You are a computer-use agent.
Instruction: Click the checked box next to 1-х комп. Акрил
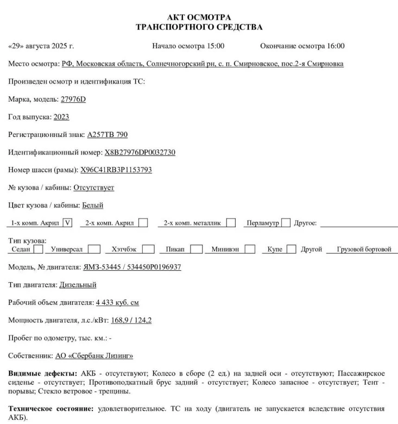(68, 222)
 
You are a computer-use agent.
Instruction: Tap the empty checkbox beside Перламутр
(286, 222)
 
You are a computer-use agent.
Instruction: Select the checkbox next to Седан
(39, 250)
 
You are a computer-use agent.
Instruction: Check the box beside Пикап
(197, 250)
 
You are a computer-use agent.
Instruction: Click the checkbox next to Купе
(292, 250)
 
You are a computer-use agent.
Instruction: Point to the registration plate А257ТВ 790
(108, 134)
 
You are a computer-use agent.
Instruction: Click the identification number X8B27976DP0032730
(140, 152)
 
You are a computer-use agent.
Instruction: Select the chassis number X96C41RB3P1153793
(116, 170)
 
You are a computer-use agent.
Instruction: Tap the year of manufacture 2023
(61, 117)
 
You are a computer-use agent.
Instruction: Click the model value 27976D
(73, 99)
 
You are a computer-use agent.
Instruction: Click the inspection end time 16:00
(334, 46)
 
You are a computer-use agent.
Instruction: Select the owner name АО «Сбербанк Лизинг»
(94, 356)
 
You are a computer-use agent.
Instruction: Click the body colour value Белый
(93, 205)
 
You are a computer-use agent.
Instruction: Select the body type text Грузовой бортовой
(364, 250)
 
